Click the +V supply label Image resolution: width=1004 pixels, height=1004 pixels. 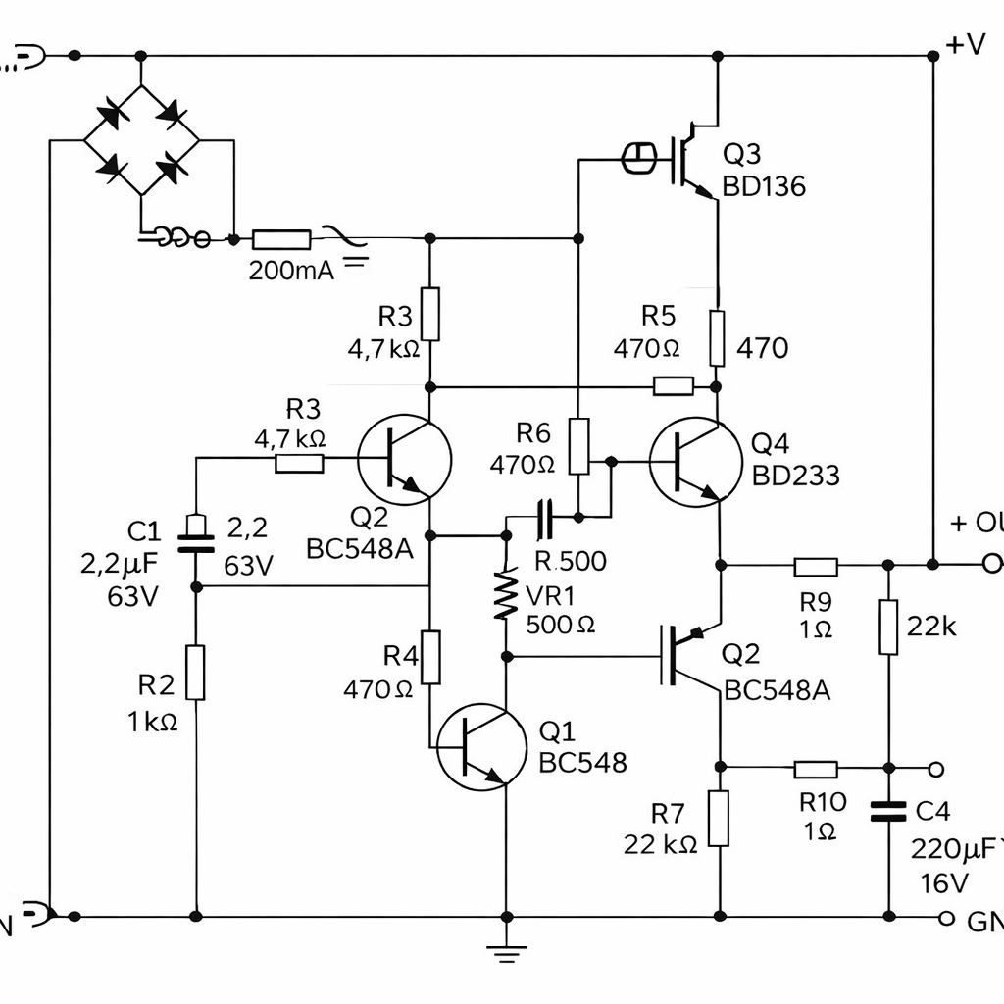point(966,44)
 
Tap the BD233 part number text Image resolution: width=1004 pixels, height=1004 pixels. point(795,476)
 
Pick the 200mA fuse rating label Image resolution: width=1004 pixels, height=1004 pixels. point(291,271)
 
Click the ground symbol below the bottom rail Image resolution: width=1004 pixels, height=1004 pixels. point(506,948)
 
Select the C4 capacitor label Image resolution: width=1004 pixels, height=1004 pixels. point(932,812)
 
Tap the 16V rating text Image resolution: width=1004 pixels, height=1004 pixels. point(944,883)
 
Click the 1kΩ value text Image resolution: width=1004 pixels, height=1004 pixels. point(152,723)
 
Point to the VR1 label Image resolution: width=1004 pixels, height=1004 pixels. point(550,596)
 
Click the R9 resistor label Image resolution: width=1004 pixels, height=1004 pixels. point(816,601)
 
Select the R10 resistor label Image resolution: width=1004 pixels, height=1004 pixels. point(823,802)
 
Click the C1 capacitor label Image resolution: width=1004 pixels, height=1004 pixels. point(144,531)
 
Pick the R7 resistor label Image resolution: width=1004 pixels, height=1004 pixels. point(668,813)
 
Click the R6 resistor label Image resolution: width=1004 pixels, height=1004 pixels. point(533,432)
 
